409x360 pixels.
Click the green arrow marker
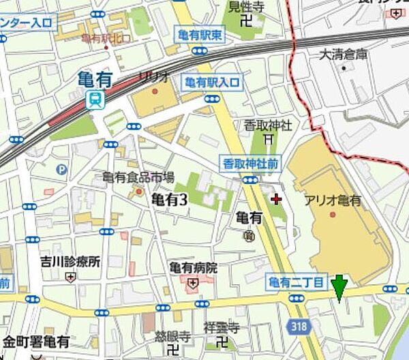click(339, 287)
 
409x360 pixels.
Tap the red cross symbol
click(276, 199)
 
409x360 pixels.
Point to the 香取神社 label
click(269, 125)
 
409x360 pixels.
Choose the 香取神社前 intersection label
click(250, 164)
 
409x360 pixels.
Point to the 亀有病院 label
click(194, 268)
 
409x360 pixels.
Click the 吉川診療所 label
click(70, 261)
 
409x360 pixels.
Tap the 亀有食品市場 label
click(138, 178)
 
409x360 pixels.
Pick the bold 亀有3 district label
click(168, 200)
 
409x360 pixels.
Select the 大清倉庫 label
click(345, 54)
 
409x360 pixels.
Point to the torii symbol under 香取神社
click(269, 139)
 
